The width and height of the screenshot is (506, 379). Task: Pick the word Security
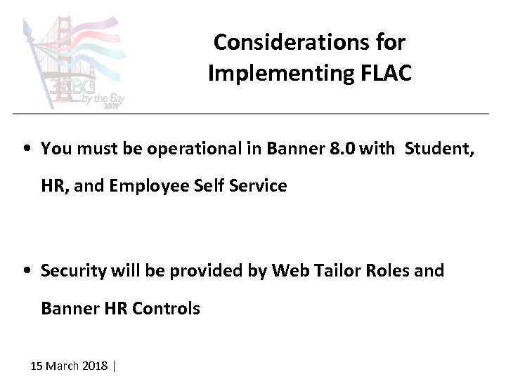[72, 270]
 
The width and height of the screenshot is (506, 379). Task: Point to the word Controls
[167, 308]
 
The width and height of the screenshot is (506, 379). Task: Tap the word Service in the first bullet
[257, 186]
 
